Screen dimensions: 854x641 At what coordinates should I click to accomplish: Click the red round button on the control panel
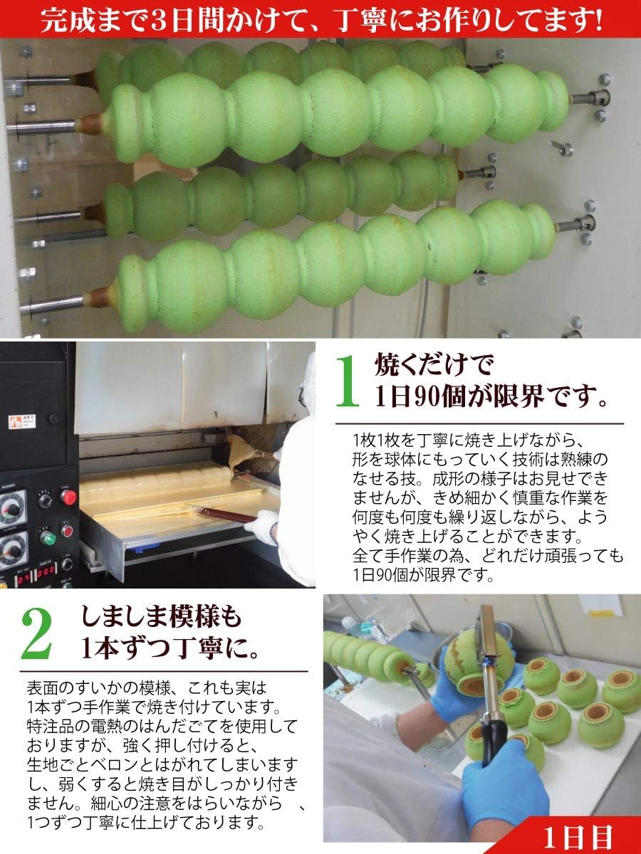tap(68, 497)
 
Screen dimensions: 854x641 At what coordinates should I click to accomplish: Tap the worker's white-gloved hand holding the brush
tap(265, 527)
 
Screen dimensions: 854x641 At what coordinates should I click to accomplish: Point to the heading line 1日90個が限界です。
tap(491, 399)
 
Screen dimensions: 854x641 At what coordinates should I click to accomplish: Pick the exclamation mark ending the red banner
tap(595, 19)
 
